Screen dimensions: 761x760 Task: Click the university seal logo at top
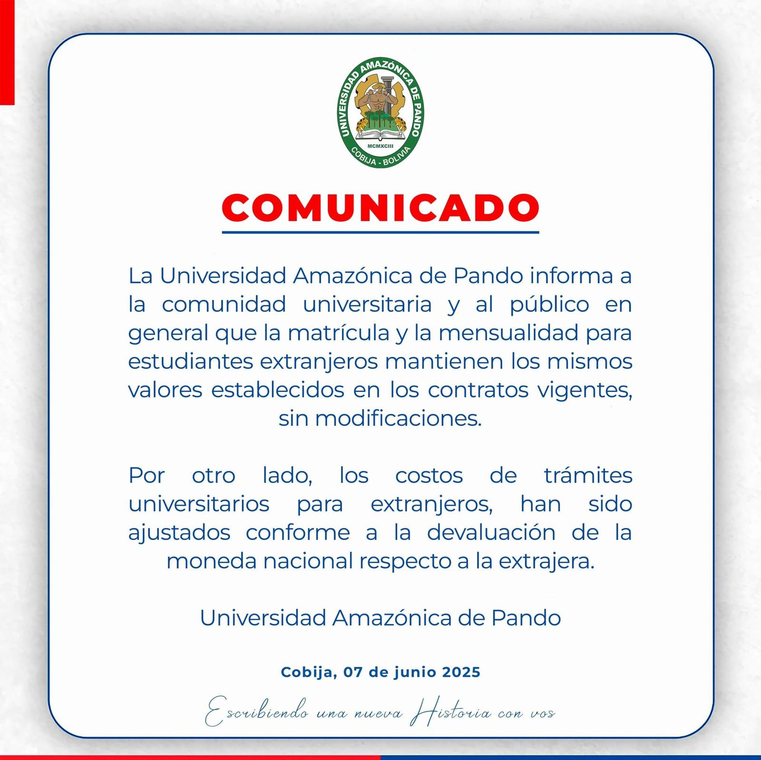pos(380,112)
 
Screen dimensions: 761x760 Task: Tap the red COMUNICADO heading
pos(380,208)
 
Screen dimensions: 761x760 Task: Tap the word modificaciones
pos(398,419)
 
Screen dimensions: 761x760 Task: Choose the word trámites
pos(588,476)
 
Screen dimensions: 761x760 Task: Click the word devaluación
pos(491,533)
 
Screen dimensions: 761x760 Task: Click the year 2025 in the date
pos(461,672)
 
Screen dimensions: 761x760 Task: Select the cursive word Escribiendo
pos(257,712)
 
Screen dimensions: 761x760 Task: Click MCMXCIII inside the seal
pos(380,146)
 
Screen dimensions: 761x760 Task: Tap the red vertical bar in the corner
pos(7,52)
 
